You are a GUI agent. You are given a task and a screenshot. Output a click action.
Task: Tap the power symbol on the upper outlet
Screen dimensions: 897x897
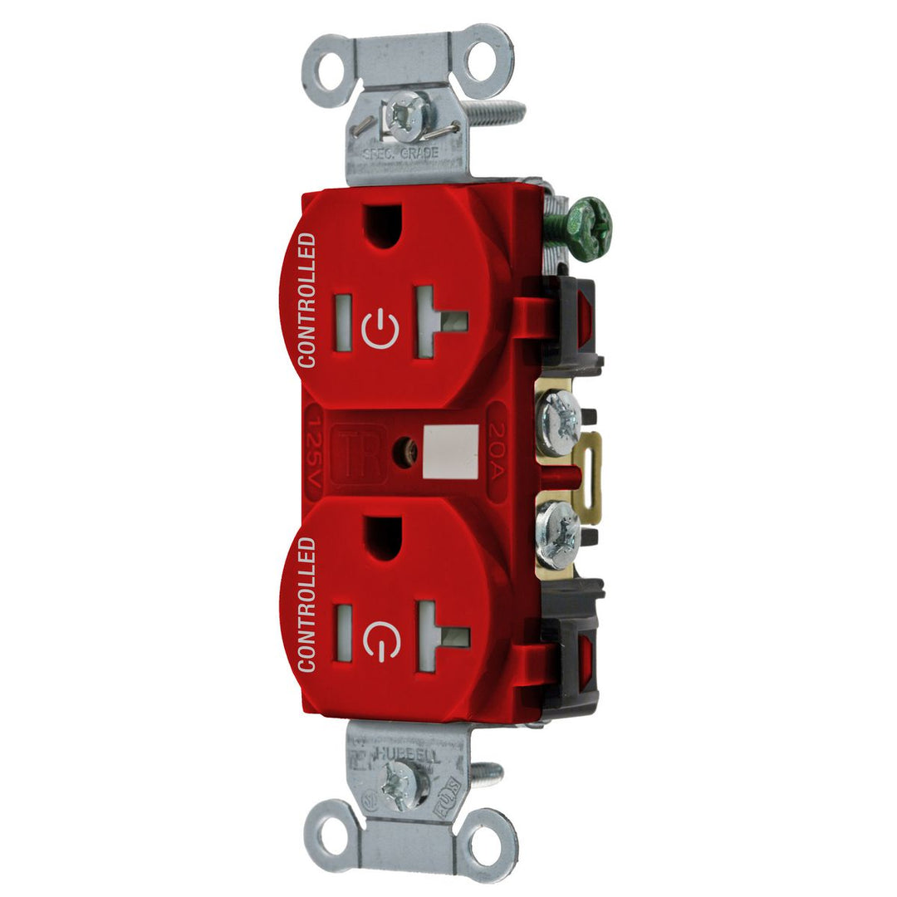click(x=381, y=326)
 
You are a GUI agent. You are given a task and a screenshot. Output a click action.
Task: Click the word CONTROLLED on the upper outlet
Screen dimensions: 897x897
click(x=306, y=300)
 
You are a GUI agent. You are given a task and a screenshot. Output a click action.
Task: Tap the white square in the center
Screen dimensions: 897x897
click(x=450, y=452)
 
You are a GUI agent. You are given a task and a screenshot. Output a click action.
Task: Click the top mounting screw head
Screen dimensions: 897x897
click(x=408, y=116)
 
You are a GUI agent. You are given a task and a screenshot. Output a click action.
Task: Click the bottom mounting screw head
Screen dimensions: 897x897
click(x=404, y=782)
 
